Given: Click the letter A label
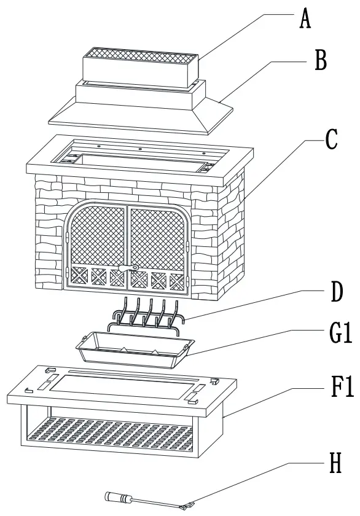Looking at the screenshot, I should point(305,20).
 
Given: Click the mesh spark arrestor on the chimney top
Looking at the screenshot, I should point(140,58).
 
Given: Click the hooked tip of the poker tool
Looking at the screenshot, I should point(186,506).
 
